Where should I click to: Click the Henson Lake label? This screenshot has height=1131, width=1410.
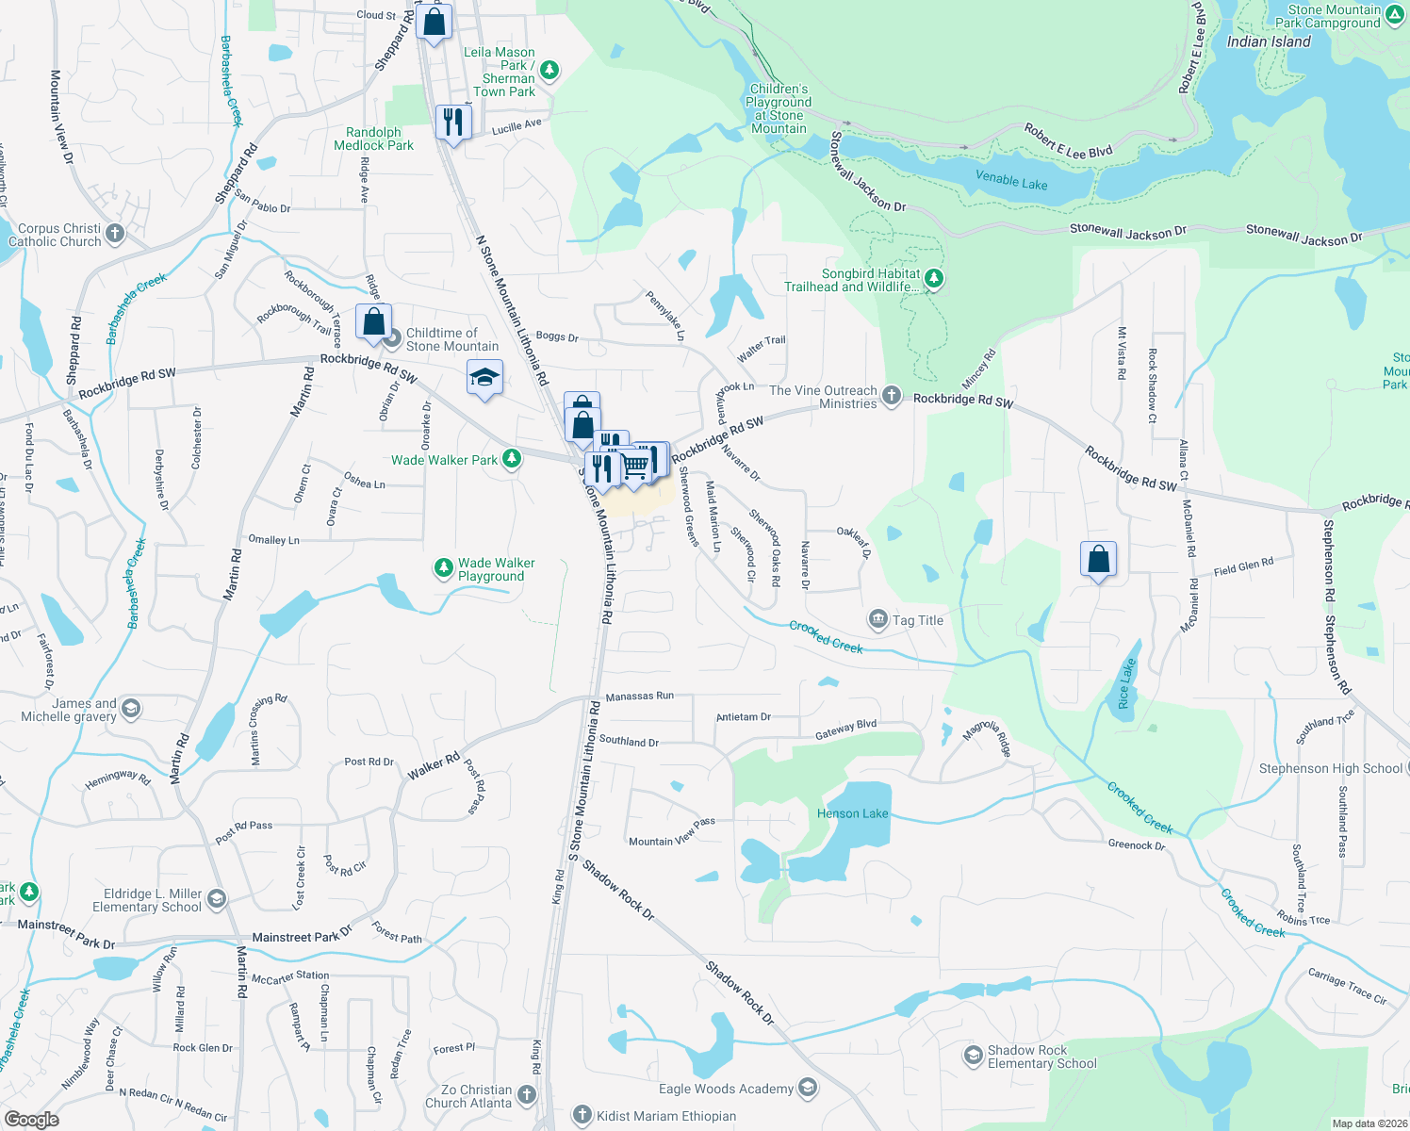(852, 813)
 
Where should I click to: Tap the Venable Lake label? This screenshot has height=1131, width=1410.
(1011, 180)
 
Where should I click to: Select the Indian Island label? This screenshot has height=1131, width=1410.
(1268, 41)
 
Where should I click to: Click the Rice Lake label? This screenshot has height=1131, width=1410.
(1125, 683)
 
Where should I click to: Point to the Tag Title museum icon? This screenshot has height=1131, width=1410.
(878, 619)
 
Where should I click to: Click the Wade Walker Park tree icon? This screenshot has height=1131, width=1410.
(512, 459)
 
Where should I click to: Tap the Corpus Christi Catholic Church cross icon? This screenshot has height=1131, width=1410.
(115, 234)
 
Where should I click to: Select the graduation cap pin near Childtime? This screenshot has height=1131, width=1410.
(484, 378)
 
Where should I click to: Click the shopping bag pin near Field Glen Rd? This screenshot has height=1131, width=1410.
(1098, 559)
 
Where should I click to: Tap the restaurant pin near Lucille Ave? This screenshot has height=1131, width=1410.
(453, 122)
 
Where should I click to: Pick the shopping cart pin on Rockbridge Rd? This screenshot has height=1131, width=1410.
(635, 464)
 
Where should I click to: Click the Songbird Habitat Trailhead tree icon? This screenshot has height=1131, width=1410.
(934, 279)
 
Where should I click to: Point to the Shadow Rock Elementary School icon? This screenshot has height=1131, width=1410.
(973, 1056)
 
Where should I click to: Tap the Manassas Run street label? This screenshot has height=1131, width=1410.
(639, 697)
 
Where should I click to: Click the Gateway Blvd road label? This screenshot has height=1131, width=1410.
(845, 729)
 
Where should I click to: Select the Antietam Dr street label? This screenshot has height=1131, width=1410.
(743, 717)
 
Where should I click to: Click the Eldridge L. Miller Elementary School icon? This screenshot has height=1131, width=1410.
(217, 899)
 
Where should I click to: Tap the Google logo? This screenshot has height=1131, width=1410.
(31, 1119)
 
